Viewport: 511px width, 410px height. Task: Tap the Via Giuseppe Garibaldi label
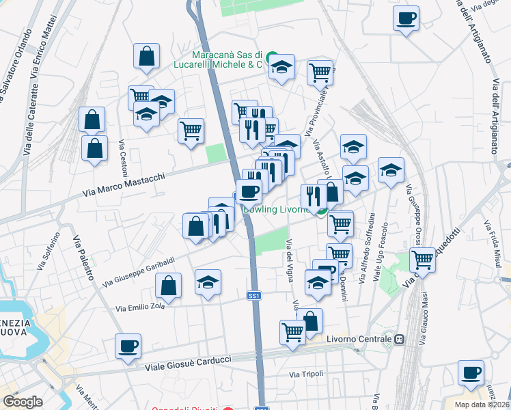coord(139,271)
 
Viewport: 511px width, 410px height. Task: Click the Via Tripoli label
coord(305,374)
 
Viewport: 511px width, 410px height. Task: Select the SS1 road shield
coord(254,296)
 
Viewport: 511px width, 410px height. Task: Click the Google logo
coord(23,402)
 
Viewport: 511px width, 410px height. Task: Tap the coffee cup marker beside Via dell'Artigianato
coord(406,18)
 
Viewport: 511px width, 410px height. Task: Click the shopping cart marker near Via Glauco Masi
coord(423,260)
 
